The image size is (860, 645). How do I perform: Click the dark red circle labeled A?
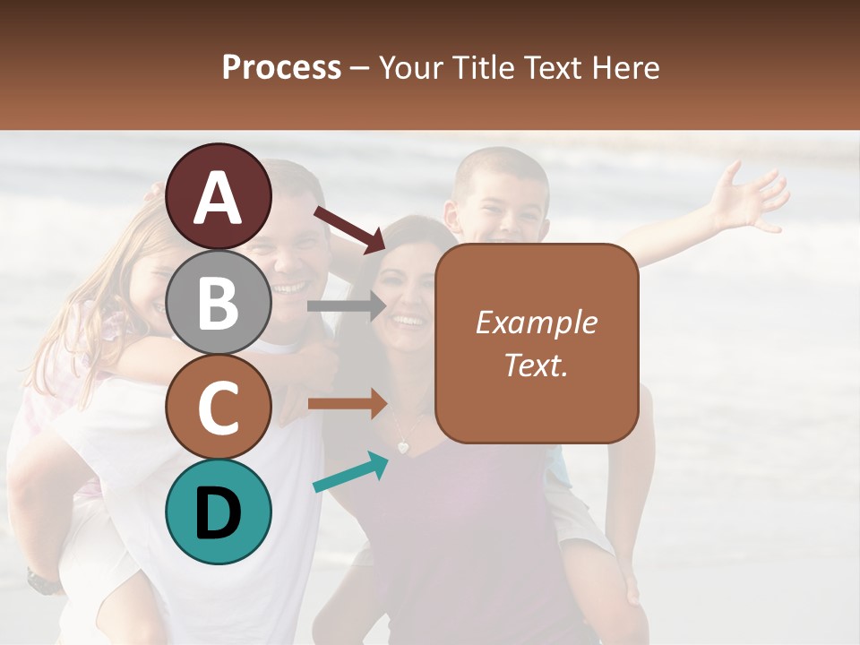[219, 197]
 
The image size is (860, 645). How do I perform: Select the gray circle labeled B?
[219, 302]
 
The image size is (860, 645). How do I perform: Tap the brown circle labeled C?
[219, 407]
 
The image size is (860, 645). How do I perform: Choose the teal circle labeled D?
[219, 512]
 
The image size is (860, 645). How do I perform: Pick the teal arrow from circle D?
[350, 472]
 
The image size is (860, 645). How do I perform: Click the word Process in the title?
[281, 68]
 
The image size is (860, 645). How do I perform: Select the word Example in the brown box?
[536, 322]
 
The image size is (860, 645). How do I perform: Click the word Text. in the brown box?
[536, 365]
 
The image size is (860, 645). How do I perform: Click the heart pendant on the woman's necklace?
[404, 445]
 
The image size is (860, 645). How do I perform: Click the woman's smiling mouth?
[408, 320]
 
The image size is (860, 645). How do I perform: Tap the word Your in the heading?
[411, 68]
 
